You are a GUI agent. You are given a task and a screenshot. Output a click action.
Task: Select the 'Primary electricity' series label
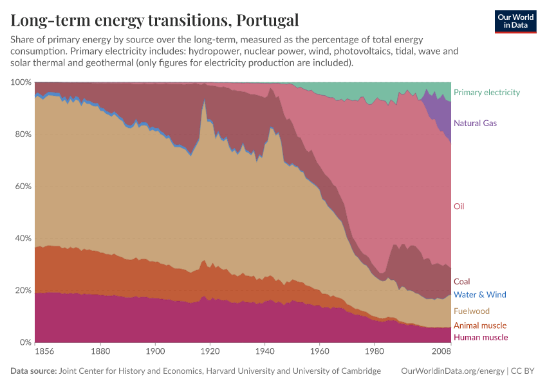(x=487, y=92)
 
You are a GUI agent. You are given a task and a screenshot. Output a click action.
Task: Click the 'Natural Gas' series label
(x=475, y=123)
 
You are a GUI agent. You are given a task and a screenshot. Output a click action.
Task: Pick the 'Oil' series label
(x=459, y=207)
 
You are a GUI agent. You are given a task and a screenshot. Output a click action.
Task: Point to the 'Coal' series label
(x=461, y=281)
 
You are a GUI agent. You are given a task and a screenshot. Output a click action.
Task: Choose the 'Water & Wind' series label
(x=479, y=295)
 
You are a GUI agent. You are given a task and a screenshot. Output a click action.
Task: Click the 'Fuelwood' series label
(x=471, y=311)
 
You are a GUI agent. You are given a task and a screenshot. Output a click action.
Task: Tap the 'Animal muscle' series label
(x=479, y=326)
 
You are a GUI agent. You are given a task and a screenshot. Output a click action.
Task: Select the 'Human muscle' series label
(x=480, y=337)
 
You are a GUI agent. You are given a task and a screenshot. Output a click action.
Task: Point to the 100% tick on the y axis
(x=21, y=82)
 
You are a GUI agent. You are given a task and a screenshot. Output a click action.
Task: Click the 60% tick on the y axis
(x=23, y=187)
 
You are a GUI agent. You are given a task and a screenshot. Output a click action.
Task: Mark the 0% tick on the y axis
(x=24, y=342)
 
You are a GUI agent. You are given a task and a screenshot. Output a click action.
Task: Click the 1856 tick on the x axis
(x=44, y=352)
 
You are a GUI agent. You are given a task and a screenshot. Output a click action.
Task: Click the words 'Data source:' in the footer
(x=33, y=371)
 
